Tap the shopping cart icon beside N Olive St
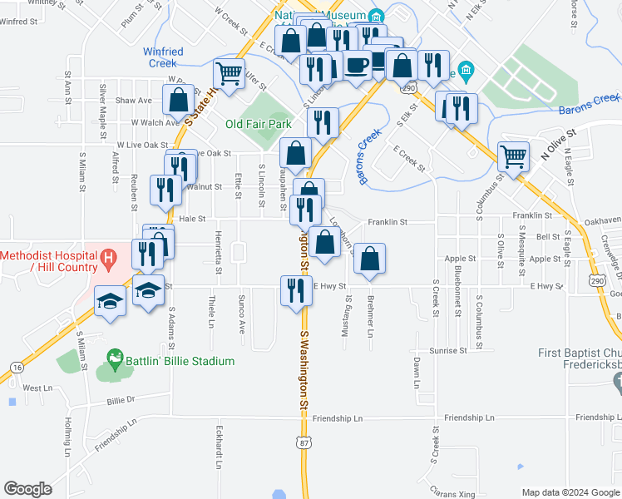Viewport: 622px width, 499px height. (513, 156)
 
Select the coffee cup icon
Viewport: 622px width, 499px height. (358, 66)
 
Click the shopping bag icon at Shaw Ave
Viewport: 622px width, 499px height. (178, 100)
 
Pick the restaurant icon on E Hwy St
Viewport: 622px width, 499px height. (295, 291)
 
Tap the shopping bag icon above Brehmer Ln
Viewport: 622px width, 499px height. (369, 259)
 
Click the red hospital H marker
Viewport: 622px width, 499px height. (107, 260)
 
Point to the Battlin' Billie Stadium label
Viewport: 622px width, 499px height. (179, 361)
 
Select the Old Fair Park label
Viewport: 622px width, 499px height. (259, 124)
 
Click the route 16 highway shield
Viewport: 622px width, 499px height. (17, 343)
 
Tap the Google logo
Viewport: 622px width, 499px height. (27, 489)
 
